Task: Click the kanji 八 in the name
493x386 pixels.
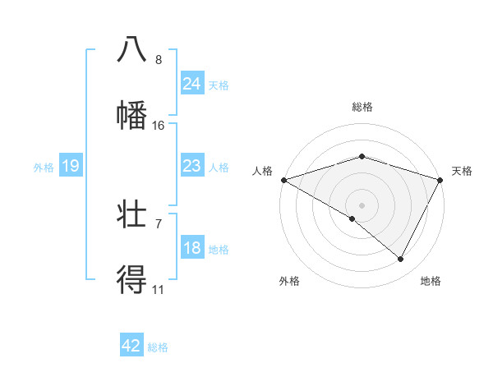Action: [x=131, y=48]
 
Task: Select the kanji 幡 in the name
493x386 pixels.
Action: [x=131, y=115]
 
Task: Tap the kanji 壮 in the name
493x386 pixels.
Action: [x=131, y=214]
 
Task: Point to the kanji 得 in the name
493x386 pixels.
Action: [x=131, y=280]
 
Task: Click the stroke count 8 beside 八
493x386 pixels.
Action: [x=159, y=59]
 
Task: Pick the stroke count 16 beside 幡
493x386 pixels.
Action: [x=159, y=126]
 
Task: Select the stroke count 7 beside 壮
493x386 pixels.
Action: [x=159, y=223]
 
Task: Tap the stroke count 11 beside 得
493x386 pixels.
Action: [x=159, y=290]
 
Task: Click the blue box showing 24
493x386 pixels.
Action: [x=192, y=84]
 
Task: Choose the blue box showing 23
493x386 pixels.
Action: [x=192, y=166]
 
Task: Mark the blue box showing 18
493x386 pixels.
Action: [x=192, y=248]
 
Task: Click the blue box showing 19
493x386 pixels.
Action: [x=71, y=166]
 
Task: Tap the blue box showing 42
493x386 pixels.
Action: [x=131, y=346]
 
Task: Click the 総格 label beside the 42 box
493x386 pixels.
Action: [x=158, y=347]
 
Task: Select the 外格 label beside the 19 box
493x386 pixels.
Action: [x=44, y=168]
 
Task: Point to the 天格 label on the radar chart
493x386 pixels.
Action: [x=462, y=171]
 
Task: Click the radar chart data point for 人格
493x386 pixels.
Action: [x=283, y=180]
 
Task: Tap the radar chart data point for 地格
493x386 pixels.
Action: [x=401, y=259]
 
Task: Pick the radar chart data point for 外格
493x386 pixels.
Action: [x=352, y=218]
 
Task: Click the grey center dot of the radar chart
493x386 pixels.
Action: [x=362, y=204]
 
